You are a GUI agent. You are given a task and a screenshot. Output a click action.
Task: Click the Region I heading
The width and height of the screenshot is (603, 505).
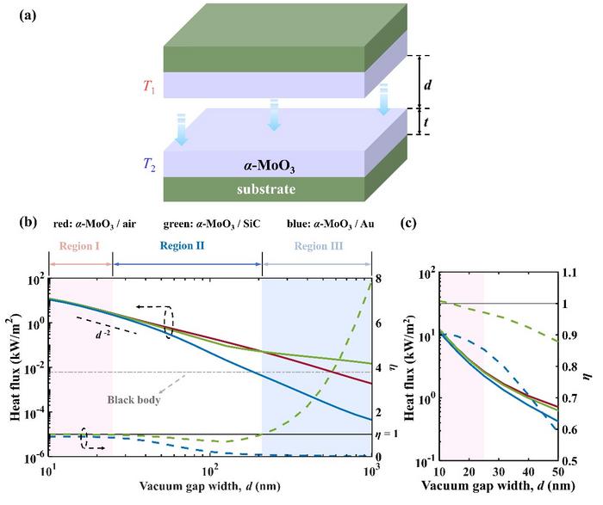click(80, 245)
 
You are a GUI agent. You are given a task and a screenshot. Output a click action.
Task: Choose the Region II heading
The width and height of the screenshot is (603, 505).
click(187, 245)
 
